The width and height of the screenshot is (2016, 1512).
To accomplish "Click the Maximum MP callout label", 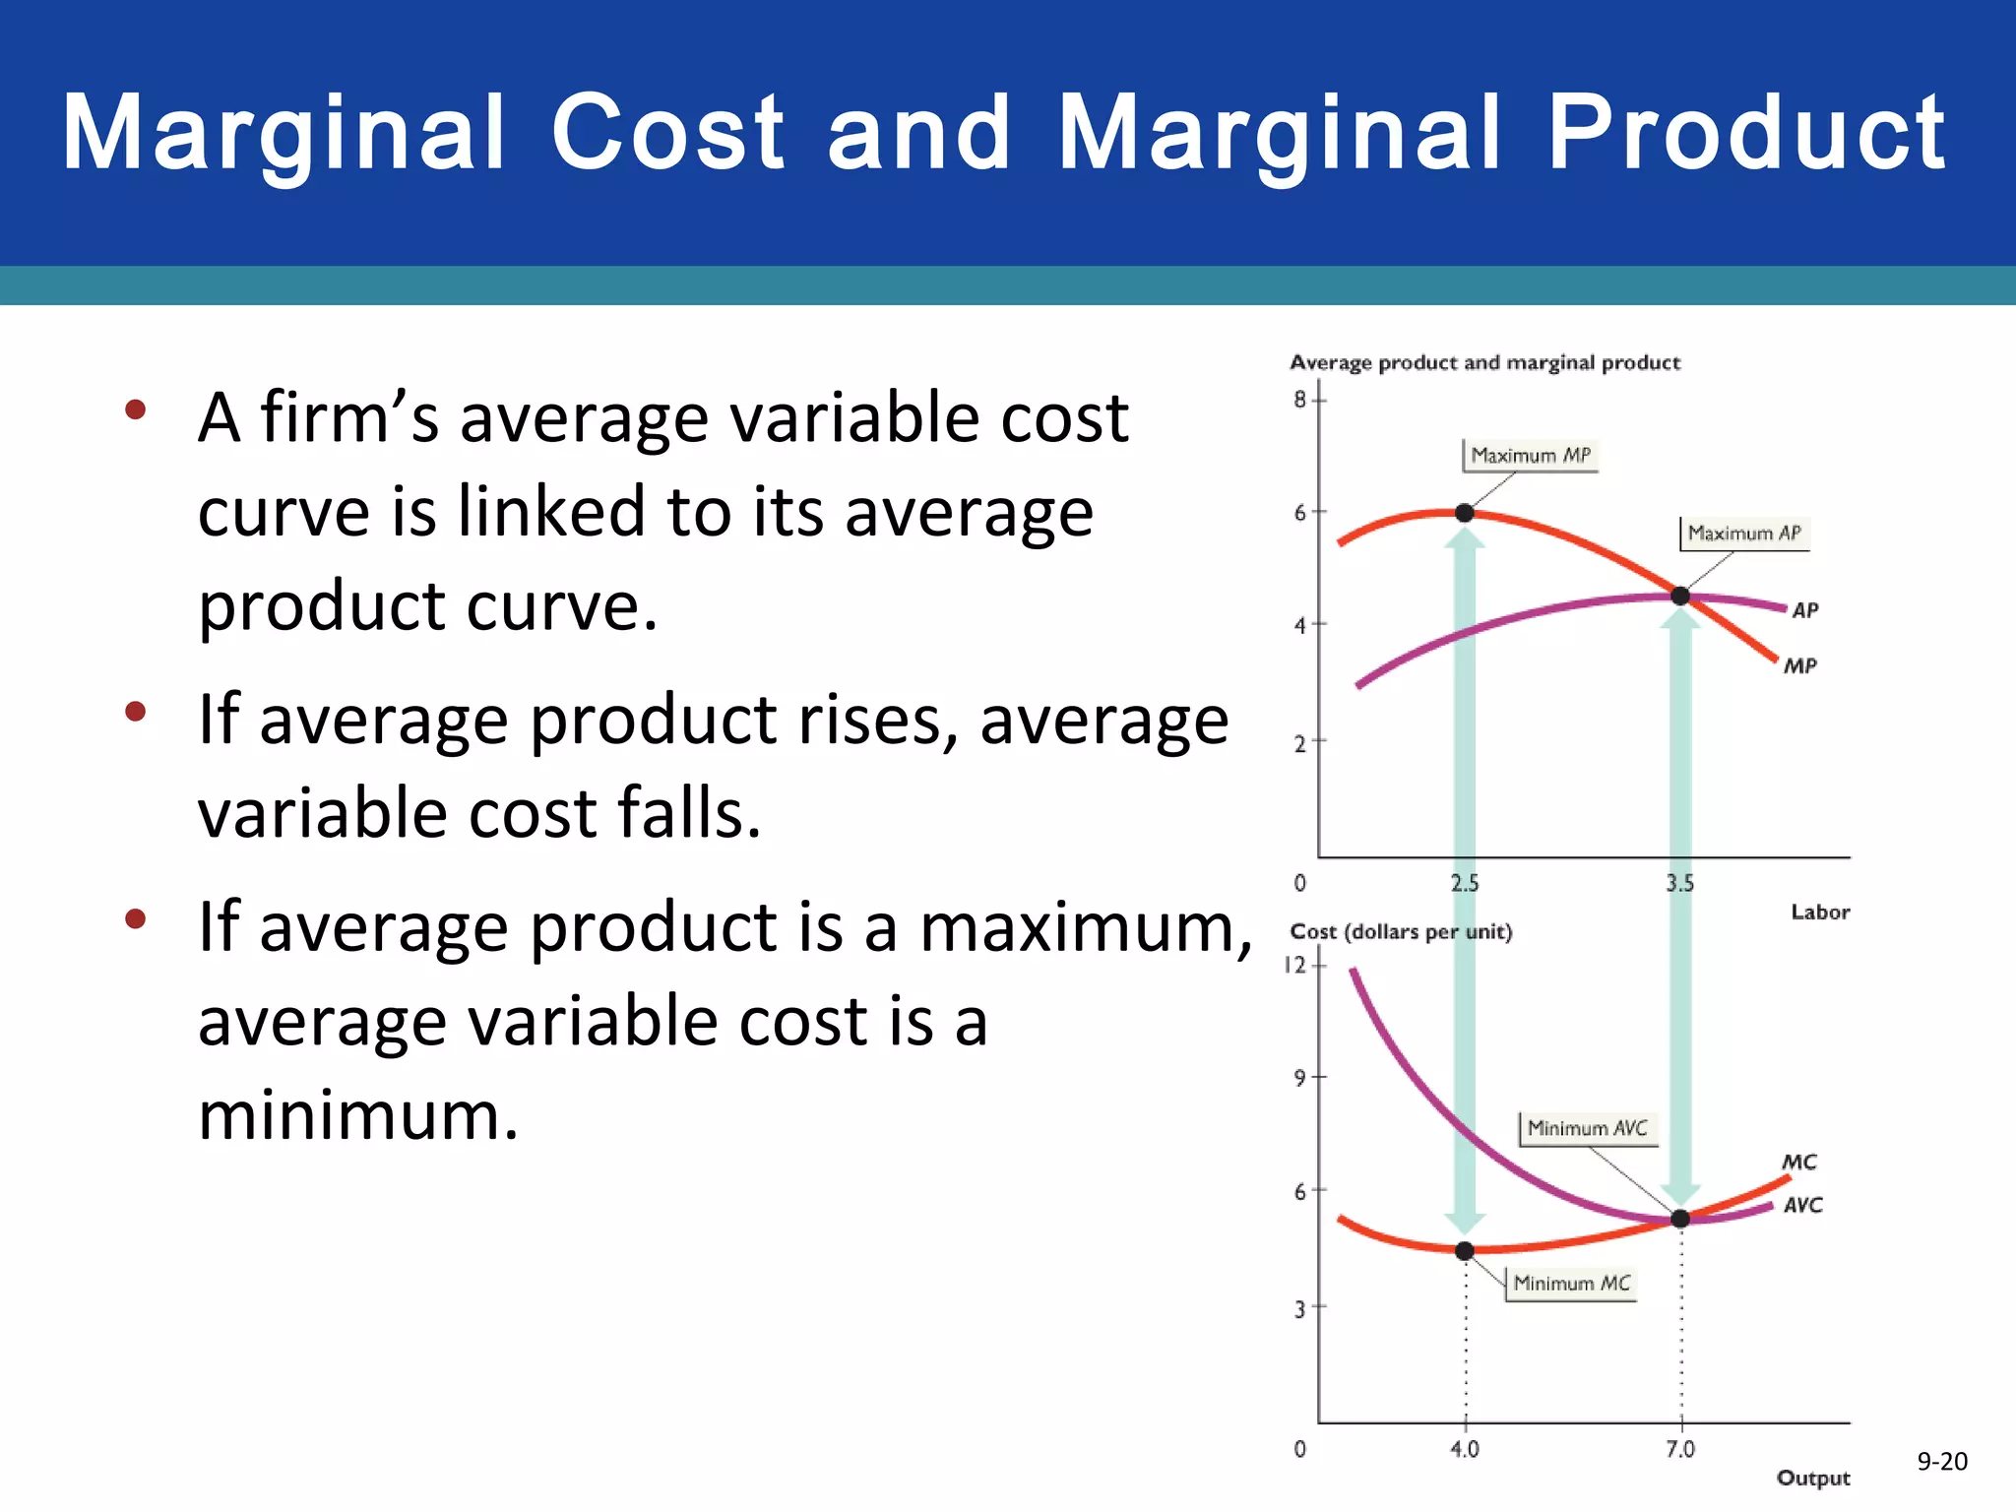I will (x=1530, y=456).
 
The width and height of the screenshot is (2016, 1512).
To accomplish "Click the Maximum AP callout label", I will (x=1743, y=534).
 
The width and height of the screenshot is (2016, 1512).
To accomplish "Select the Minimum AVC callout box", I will (x=1587, y=1128).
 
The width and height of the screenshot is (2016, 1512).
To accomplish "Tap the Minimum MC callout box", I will (x=1571, y=1284).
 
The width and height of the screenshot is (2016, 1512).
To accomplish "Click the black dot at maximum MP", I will (x=1465, y=513).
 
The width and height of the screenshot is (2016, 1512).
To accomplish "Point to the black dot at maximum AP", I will (x=1680, y=596).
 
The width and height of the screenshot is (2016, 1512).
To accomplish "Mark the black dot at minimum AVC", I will (x=1680, y=1219).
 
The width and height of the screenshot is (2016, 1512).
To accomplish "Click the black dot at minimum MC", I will (x=1465, y=1251).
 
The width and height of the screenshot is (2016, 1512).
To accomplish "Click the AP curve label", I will (x=1804, y=610).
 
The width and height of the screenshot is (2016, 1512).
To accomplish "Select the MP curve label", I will (x=1800, y=666).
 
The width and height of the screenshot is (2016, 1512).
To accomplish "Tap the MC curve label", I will (x=1799, y=1163).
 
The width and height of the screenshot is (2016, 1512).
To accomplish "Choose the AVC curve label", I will (x=1802, y=1205).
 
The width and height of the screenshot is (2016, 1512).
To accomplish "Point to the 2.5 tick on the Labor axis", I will (x=1465, y=883).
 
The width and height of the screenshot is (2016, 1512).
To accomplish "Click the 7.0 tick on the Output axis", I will (x=1680, y=1449).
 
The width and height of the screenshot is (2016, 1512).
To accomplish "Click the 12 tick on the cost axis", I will (x=1295, y=965).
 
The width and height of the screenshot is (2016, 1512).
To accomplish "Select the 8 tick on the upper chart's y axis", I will (x=1300, y=400).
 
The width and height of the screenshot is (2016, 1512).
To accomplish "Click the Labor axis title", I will (x=1819, y=913).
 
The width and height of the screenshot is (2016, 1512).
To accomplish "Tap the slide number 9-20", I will (x=1941, y=1462).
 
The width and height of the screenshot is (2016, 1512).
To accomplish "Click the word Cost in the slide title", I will (x=666, y=133).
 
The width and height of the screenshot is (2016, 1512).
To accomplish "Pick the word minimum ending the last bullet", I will (x=357, y=1116).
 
